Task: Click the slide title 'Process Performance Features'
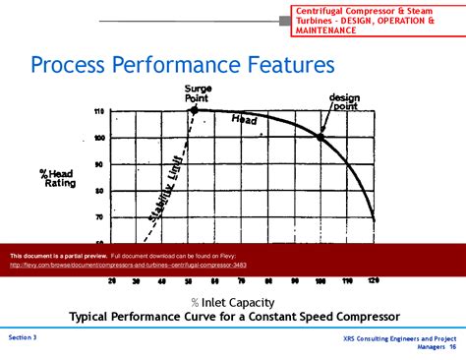point(183,66)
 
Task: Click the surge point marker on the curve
point(194,110)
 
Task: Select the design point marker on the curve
point(320,136)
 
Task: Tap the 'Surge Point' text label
point(199,94)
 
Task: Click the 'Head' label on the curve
point(245,120)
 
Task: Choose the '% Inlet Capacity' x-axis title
point(233,302)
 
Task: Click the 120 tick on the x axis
point(373,281)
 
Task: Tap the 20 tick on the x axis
point(111,281)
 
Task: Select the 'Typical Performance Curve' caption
point(234,317)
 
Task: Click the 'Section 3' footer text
point(23,337)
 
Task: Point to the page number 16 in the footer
point(452,346)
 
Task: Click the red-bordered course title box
point(378,19)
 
